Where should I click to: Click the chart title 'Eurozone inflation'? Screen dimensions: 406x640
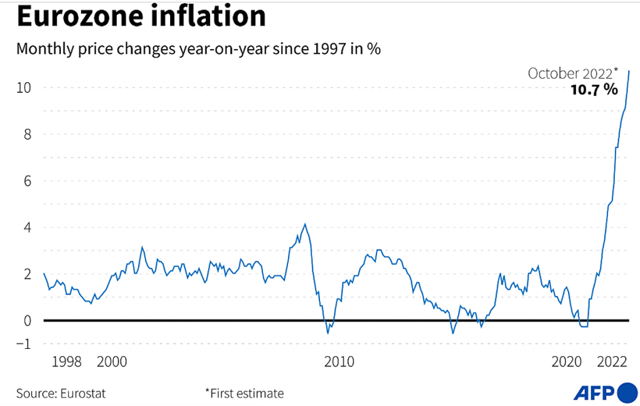point(141,17)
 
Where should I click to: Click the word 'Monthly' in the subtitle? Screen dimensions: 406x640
point(43,50)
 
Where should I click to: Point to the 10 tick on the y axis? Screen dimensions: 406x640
point(23,88)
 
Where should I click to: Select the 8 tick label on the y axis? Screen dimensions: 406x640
point(26,134)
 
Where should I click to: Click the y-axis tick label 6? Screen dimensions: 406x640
point(26,181)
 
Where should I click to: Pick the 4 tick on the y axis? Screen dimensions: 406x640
point(26,227)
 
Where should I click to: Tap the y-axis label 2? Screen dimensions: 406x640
point(26,274)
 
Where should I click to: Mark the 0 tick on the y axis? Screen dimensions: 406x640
point(26,320)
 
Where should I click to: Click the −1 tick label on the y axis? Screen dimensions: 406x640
point(24,343)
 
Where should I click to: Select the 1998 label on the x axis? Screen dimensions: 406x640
point(67,362)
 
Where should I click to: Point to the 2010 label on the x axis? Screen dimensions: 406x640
point(339,362)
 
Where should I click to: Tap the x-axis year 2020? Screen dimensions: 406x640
point(567,362)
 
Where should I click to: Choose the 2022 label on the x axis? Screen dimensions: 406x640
point(612,362)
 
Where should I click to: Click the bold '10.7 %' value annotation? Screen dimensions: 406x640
point(594,90)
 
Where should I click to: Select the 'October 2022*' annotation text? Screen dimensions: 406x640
point(573,73)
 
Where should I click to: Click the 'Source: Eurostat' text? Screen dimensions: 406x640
point(61,393)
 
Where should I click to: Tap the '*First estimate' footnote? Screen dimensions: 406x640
point(244,393)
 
